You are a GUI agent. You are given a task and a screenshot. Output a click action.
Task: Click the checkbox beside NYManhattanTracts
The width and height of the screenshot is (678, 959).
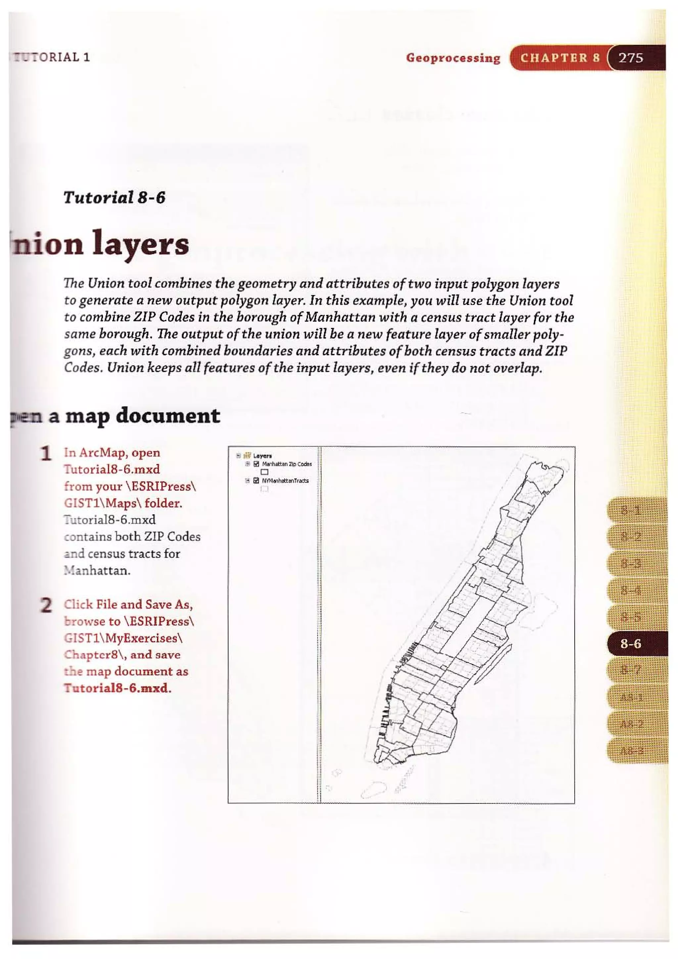pyautogui.click(x=257, y=481)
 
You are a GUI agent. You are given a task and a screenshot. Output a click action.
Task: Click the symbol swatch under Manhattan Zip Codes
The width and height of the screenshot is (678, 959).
pyautogui.click(x=264, y=472)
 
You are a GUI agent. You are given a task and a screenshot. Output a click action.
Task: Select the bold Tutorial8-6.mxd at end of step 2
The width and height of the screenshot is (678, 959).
pyautogui.click(x=117, y=688)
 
